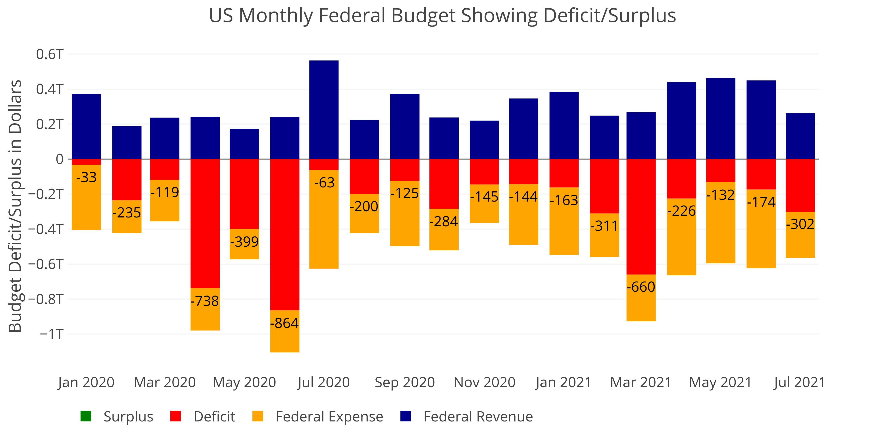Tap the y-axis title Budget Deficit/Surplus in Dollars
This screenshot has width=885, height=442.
pyautogui.click(x=15, y=206)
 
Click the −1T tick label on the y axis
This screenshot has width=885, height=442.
pyautogui.click(x=52, y=334)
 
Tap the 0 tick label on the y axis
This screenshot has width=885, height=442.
pyautogui.click(x=60, y=159)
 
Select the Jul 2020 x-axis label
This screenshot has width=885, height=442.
pyautogui.click(x=324, y=382)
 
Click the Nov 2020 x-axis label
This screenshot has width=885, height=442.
pyautogui.click(x=484, y=382)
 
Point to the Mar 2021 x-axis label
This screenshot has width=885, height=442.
pyautogui.click(x=641, y=382)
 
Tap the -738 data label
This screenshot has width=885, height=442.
pyautogui.click(x=205, y=301)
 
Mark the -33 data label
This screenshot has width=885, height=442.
pyautogui.click(x=86, y=177)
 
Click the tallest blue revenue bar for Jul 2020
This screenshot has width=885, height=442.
pyautogui.click(x=324, y=110)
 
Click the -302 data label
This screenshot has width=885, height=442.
pyautogui.click(x=800, y=224)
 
